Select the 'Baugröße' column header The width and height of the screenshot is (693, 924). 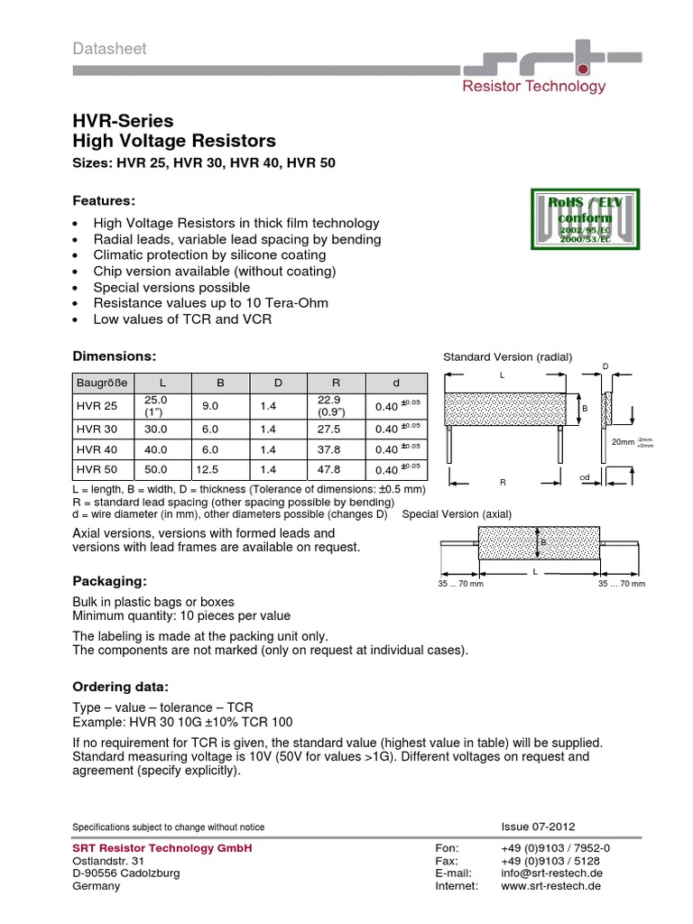coord(102,383)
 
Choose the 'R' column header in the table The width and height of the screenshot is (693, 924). coord(336,383)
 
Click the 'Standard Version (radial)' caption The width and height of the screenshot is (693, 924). coord(507,356)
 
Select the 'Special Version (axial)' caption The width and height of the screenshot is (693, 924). coord(457,514)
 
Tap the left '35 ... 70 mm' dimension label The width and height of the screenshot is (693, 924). coord(459,585)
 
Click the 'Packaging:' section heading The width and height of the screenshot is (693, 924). coord(109,580)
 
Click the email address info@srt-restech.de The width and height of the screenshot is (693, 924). coord(551,873)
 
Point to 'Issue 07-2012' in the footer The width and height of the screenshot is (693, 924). coord(538,827)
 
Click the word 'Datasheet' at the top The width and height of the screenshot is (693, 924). coord(108,49)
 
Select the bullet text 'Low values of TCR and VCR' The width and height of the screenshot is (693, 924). coord(182,319)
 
